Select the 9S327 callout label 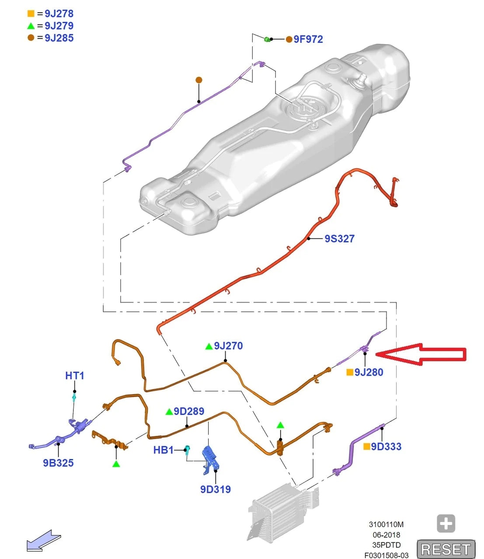coord(339,238)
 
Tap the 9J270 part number coord(228,346)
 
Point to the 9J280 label coord(369,372)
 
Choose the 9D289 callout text coord(189,411)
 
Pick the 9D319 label coord(215,489)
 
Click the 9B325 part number coord(58,463)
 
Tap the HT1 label coord(75,376)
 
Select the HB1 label coord(163,450)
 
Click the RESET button coord(446,549)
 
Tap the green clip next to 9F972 coord(267,39)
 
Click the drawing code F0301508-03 coord(387,555)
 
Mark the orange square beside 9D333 coord(367,446)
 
